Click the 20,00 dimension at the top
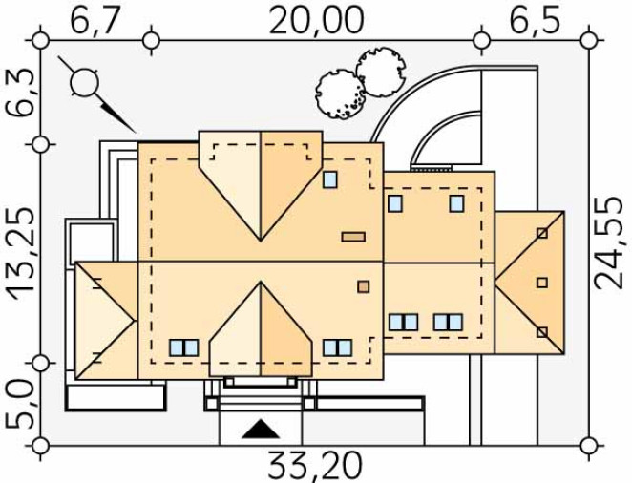pyautogui.click(x=316, y=20)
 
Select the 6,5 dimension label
pyautogui.click(x=535, y=20)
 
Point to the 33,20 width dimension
pyautogui.click(x=315, y=466)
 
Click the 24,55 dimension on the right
pyautogui.click(x=612, y=243)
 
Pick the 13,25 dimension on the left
pyautogui.click(x=20, y=254)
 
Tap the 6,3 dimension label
pyautogui.click(x=20, y=93)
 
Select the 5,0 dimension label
pyautogui.click(x=20, y=404)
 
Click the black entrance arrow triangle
pyautogui.click(x=261, y=429)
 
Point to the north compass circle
pyautogui.click(x=84, y=83)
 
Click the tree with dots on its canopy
pyautogui.click(x=340, y=94)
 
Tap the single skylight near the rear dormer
pyautogui.click(x=330, y=179)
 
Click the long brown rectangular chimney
pyautogui.click(x=353, y=237)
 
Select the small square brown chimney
pyautogui.click(x=363, y=286)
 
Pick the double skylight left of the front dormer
pyautogui.click(x=184, y=347)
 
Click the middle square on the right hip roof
pyautogui.click(x=542, y=283)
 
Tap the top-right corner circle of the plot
pyautogui.click(x=589, y=41)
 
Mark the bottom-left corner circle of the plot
pyautogui.click(x=40, y=446)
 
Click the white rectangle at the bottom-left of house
pyautogui.click(x=116, y=398)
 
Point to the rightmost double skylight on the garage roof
pyautogui.click(x=448, y=323)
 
